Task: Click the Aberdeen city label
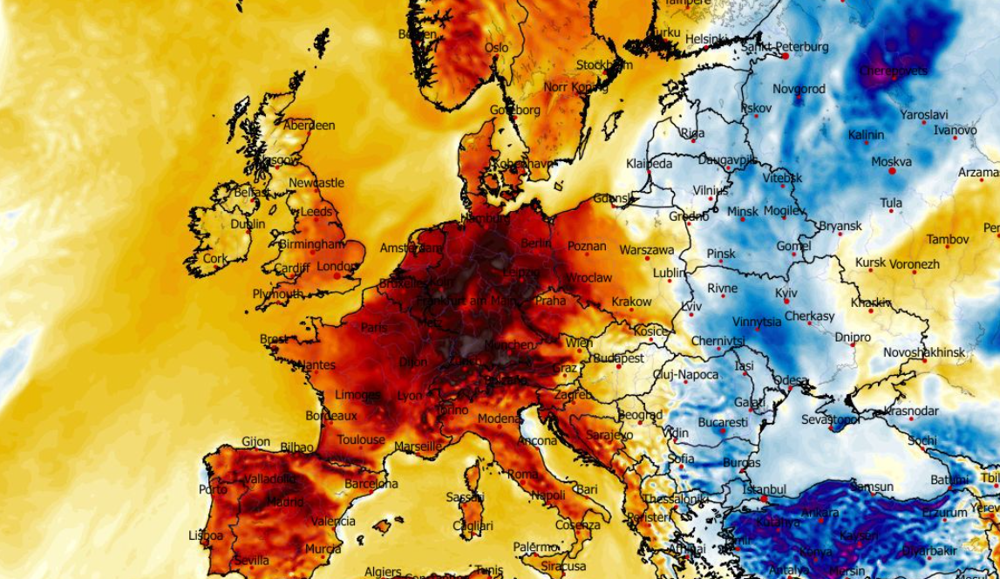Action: (x=309, y=126)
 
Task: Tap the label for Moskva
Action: (x=891, y=162)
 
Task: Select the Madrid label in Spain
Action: (x=285, y=502)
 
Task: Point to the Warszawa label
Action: (x=647, y=250)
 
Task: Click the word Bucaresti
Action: (x=723, y=423)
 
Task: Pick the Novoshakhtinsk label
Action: (x=924, y=352)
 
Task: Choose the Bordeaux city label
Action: (x=331, y=417)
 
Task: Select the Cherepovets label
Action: (x=894, y=71)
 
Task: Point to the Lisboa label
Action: (x=206, y=535)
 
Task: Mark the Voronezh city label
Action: (x=915, y=264)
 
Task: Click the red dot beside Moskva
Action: (x=892, y=172)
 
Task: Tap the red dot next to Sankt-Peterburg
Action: (x=786, y=56)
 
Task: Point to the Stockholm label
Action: (x=604, y=65)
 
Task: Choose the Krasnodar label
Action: (x=911, y=412)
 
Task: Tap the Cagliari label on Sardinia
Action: (x=473, y=527)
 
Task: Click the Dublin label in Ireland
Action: (x=248, y=224)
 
